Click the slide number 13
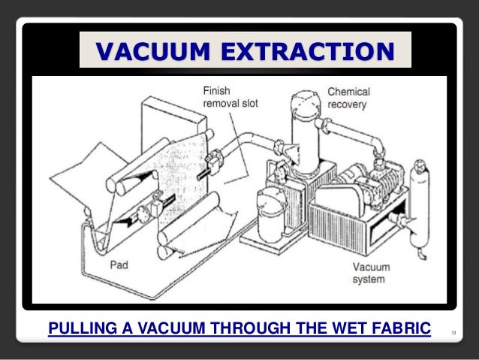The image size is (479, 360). (454, 329)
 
